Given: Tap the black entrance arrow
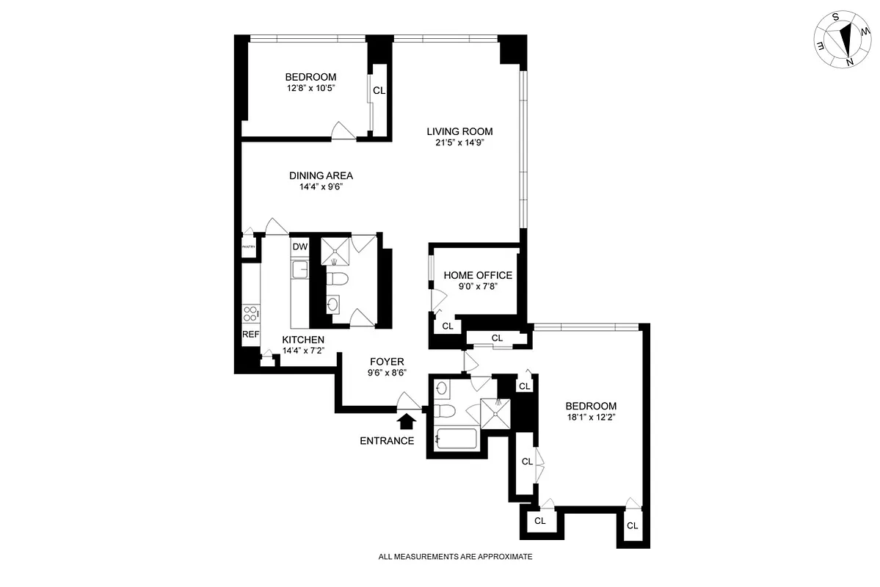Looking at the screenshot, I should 406,420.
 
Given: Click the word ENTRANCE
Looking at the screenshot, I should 387,441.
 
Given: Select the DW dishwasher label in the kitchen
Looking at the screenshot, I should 299,247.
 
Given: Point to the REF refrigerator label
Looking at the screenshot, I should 251,335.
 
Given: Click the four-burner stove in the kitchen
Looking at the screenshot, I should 251,313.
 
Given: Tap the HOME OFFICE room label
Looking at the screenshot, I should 478,275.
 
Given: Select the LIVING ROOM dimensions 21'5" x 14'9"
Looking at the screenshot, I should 459,143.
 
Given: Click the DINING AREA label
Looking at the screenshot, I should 321,175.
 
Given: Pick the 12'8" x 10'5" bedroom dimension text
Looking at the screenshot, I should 310,88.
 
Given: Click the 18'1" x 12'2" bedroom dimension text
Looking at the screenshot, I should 590,418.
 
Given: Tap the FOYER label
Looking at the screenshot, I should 387,362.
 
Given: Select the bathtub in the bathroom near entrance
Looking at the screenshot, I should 456,439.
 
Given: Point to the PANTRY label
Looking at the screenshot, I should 249,247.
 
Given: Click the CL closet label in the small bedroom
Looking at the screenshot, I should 379,91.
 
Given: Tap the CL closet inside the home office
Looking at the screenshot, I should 447,326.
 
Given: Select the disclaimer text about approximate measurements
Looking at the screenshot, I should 455,557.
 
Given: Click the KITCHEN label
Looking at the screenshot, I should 303,340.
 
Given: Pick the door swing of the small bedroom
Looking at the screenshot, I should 342,130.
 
